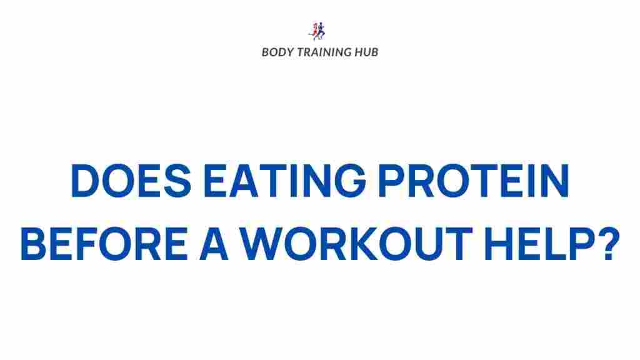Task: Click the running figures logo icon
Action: [x=317, y=31]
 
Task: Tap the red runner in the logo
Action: [x=314, y=31]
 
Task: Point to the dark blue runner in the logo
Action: [x=321, y=31]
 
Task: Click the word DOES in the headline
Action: [x=131, y=181]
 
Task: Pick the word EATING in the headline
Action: [x=285, y=181]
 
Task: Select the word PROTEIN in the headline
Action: [x=474, y=181]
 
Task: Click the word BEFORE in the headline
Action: [x=104, y=244]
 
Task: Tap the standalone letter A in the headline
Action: [x=214, y=244]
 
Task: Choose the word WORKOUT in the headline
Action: [x=356, y=244]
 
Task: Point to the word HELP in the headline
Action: [x=539, y=244]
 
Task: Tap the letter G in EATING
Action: [x=350, y=181]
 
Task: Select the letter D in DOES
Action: [x=84, y=181]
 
